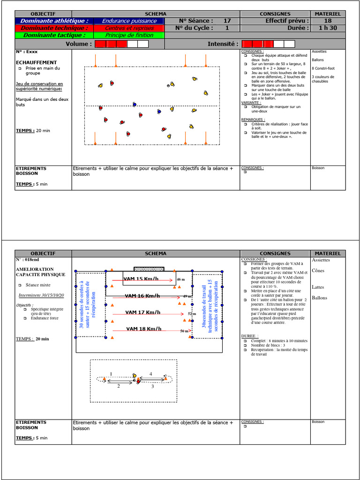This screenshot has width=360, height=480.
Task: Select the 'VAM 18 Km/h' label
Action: coord(143,329)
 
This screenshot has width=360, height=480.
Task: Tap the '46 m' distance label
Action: coord(181,279)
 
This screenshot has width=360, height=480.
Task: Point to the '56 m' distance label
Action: coord(184,331)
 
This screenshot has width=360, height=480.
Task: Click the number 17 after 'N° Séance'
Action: coord(227,21)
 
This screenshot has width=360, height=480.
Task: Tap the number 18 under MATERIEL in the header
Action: coord(328,21)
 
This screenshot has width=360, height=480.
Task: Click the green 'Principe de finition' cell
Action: coord(129,35)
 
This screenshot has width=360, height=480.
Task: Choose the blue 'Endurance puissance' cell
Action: coord(129,21)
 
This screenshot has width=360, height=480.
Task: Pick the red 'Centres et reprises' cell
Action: coord(129,28)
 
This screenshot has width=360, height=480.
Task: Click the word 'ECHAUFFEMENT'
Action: coord(36,62)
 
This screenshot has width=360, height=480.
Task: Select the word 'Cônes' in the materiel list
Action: coord(318,270)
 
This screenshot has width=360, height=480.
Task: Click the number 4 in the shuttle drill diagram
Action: coord(150,374)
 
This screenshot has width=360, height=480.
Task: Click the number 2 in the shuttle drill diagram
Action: coord(118,386)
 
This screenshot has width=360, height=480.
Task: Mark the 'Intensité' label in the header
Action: coord(223,44)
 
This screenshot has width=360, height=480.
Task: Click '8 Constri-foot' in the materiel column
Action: coord(322,68)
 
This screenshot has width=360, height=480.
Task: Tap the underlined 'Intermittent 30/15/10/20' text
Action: coord(41,295)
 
